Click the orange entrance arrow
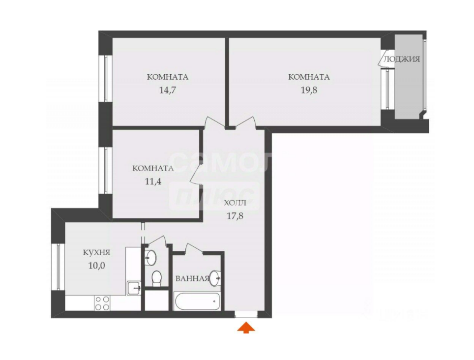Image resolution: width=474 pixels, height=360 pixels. pyautogui.click(x=246, y=328)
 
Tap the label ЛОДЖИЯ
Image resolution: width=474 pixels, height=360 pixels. pyautogui.click(x=402, y=60)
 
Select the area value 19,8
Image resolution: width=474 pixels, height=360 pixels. pyautogui.click(x=308, y=90)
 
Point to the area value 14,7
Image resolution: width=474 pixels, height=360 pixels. pyautogui.click(x=168, y=90)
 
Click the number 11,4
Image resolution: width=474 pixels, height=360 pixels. pyautogui.click(x=153, y=181)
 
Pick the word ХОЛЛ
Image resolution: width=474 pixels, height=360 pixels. pyautogui.click(x=235, y=203)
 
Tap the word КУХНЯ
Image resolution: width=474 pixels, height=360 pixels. pyautogui.click(x=96, y=253)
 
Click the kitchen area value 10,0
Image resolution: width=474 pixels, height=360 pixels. pyautogui.click(x=96, y=266)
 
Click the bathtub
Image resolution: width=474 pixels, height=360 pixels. pyautogui.click(x=198, y=300)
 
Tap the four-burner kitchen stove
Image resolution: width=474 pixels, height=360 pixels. pyautogui.click(x=102, y=302)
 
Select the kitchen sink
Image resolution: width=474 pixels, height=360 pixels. pyautogui.click(x=133, y=287)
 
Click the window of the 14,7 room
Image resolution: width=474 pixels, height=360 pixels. pyautogui.click(x=105, y=78)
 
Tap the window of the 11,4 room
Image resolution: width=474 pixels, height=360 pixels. pyautogui.click(x=105, y=170)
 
